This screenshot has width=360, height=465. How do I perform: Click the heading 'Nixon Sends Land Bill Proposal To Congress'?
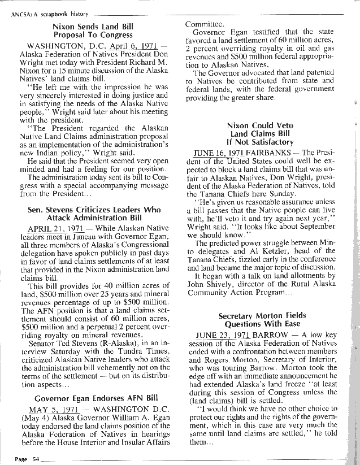[x=93, y=31]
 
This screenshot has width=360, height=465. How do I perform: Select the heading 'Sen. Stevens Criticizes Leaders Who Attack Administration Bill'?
[x=94, y=214]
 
